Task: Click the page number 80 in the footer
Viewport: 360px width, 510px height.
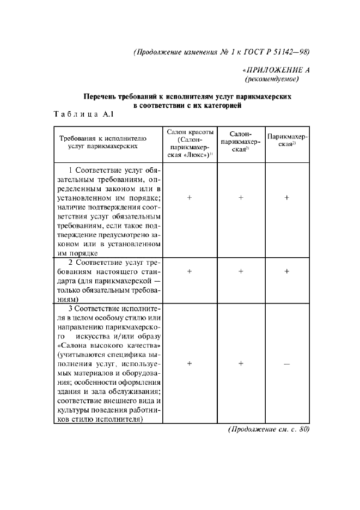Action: tap(303, 429)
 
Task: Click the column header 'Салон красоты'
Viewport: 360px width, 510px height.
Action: tap(190, 133)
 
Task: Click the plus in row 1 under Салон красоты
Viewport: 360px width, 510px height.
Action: tap(190, 198)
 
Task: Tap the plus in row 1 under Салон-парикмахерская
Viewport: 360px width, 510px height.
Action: tap(240, 198)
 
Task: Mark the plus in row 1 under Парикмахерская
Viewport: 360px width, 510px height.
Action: tap(286, 198)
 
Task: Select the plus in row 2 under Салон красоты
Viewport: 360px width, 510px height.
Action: tap(190, 271)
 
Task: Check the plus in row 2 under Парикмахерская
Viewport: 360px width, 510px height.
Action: tap(286, 271)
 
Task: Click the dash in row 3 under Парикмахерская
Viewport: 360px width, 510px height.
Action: tap(286, 363)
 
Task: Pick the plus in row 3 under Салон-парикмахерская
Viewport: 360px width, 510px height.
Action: tap(240, 363)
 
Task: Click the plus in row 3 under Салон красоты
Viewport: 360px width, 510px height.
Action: tap(190, 363)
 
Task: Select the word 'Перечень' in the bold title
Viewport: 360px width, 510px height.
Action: tap(100, 96)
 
